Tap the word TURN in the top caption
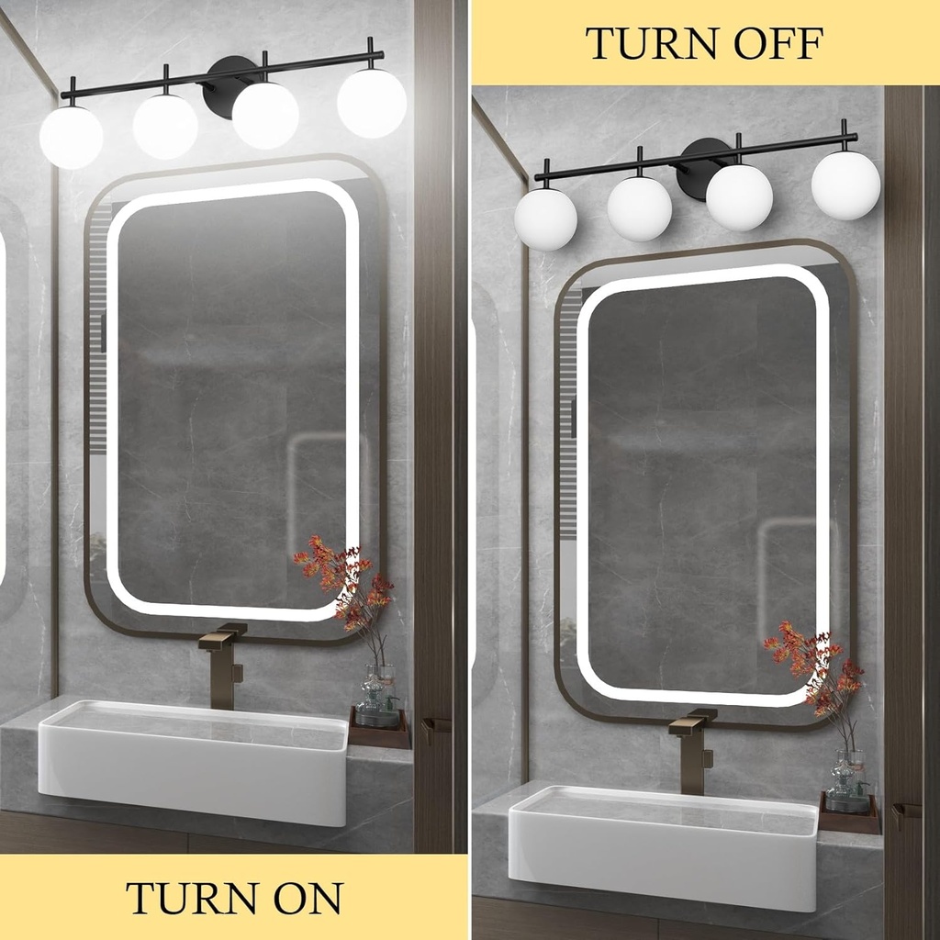646,43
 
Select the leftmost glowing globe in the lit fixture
71,138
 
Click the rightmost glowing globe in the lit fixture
372,103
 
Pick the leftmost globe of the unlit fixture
545,219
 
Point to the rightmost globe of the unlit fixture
845,185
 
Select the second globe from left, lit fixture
165,126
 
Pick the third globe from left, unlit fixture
739,197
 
